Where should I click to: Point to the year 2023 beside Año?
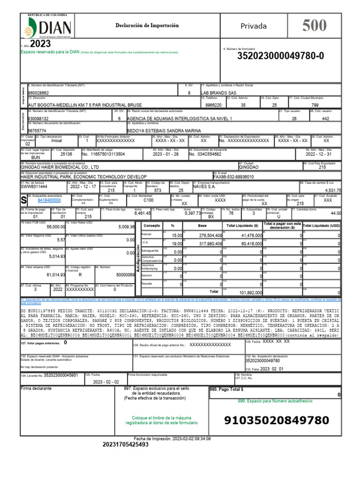[40, 44]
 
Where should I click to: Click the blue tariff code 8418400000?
[49, 200]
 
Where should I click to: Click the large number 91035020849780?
[277, 420]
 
